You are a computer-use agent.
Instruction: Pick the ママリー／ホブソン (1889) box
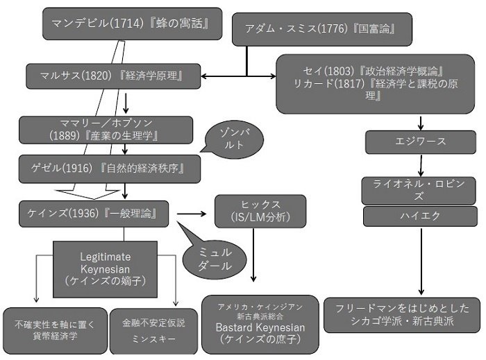(106, 128)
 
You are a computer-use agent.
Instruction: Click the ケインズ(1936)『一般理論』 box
(95, 214)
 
